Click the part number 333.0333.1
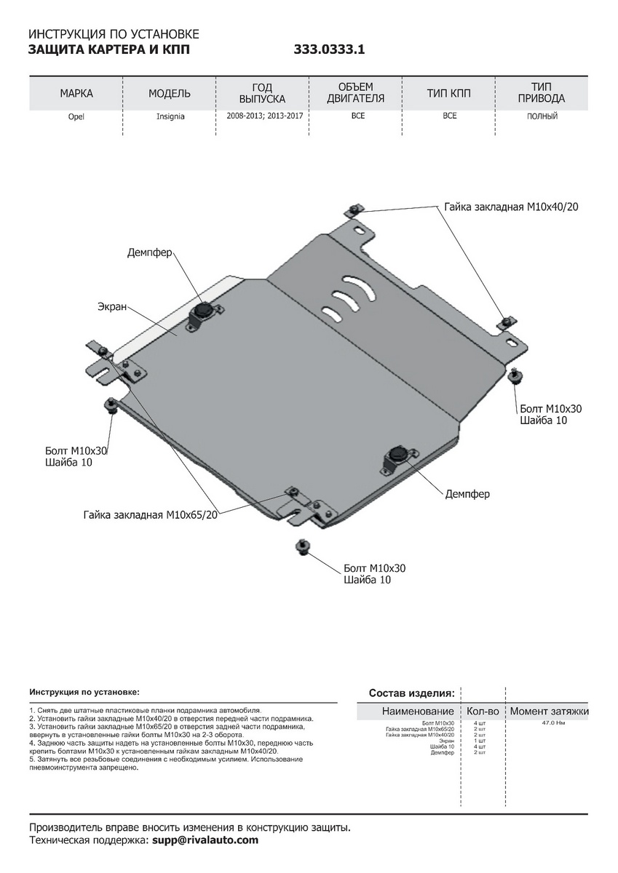pyautogui.click(x=328, y=50)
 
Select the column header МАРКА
pyautogui.click(x=76, y=94)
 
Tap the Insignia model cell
pyautogui.click(x=170, y=116)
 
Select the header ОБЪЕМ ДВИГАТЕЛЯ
pyautogui.click(x=355, y=93)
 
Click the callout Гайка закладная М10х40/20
pyautogui.click(x=511, y=207)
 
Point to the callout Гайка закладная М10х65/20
pyautogui.click(x=151, y=515)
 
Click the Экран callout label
pyautogui.click(x=112, y=307)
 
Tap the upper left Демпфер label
pyautogui.click(x=149, y=252)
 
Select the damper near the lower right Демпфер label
pyautogui.click(x=397, y=455)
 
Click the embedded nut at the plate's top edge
pyautogui.click(x=353, y=210)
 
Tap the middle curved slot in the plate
pyautogui.click(x=344, y=296)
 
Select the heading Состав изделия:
pyautogui.click(x=411, y=693)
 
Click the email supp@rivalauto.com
pyautogui.click(x=205, y=840)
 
